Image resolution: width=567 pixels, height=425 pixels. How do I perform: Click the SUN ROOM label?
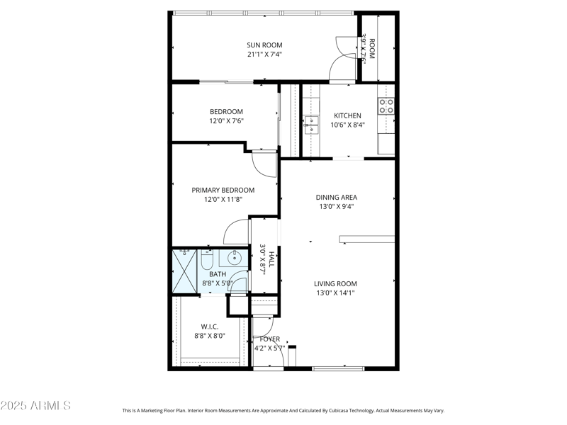click(x=264, y=45)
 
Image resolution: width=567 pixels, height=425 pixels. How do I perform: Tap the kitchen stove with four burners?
click(x=386, y=106)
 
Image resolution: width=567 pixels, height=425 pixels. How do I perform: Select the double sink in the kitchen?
click(x=311, y=125)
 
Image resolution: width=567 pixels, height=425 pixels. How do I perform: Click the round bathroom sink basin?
click(x=235, y=259)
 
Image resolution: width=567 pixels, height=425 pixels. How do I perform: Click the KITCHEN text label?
click(x=347, y=115)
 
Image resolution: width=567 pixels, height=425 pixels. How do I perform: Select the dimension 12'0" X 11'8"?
click(x=223, y=200)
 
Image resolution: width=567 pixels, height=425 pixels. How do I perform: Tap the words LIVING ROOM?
click(x=335, y=283)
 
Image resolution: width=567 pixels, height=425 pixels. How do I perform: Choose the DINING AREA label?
click(x=336, y=197)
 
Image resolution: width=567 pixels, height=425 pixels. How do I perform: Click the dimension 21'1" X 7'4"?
click(x=264, y=55)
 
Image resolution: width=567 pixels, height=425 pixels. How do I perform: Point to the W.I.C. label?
click(x=209, y=327)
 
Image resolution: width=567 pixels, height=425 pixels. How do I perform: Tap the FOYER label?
click(x=269, y=339)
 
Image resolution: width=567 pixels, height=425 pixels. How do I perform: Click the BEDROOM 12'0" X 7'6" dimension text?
click(x=226, y=121)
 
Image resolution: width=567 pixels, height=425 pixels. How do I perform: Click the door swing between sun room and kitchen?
click(x=341, y=69)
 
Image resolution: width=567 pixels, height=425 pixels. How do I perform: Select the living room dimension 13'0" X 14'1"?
click(x=335, y=293)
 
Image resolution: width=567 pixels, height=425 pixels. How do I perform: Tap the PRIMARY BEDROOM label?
click(x=223, y=190)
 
